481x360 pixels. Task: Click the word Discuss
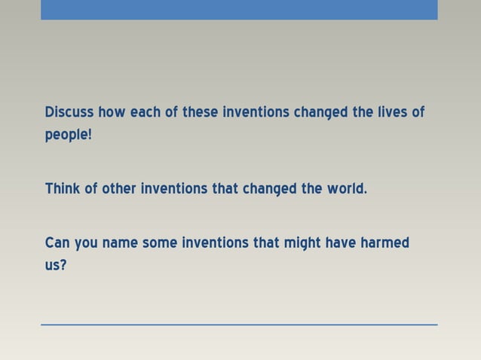(69, 112)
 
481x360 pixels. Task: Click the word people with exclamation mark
(68, 136)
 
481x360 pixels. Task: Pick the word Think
(63, 188)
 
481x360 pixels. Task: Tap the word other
(118, 188)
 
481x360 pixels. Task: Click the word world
(346, 188)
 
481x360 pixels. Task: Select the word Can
(57, 243)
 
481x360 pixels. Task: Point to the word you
(86, 244)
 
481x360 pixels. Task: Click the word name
(119, 243)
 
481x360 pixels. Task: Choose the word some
(160, 243)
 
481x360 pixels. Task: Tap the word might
(302, 243)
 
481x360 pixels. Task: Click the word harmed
(385, 243)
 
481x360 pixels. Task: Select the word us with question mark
(56, 266)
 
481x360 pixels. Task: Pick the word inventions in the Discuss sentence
(256, 112)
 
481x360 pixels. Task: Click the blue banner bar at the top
(239, 9)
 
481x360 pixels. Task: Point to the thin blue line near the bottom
(239, 325)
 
